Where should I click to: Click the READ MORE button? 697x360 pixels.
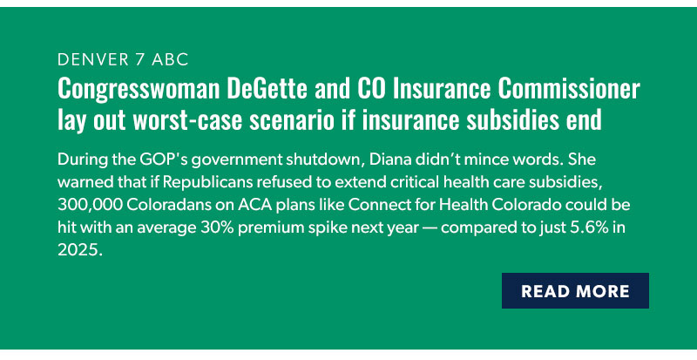575,291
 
